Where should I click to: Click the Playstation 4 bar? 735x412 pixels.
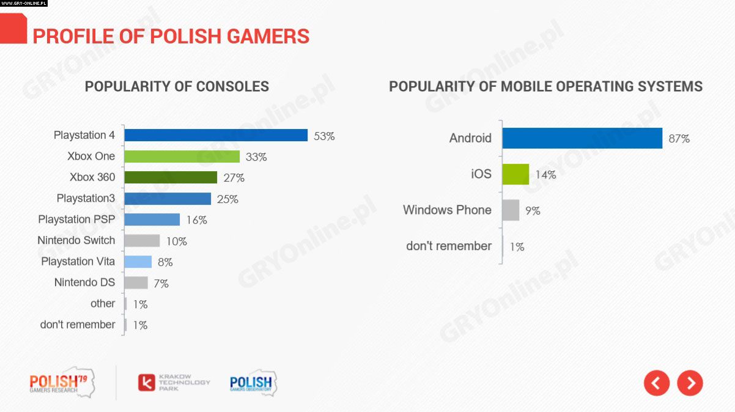pos(215,135)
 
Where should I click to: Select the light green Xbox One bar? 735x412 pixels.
pos(182,156)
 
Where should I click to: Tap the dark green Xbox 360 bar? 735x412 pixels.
pos(170,177)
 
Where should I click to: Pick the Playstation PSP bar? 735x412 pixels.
pos(152,219)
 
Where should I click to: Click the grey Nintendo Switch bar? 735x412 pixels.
pos(141,241)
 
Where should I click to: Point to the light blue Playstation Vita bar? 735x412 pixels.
pos(138,262)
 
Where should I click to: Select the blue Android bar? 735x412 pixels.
pos(582,138)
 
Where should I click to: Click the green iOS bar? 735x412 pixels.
pos(515,174)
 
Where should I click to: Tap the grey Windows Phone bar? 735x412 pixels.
pos(511,210)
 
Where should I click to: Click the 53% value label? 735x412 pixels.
pos(324,136)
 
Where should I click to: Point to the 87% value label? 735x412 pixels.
pos(679,139)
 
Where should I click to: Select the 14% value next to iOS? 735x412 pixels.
pos(545,175)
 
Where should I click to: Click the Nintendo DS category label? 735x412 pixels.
pos(84,282)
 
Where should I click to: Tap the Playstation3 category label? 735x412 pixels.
pos(86,198)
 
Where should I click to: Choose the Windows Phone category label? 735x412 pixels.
pos(447,210)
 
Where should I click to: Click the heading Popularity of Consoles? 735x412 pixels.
pos(177,86)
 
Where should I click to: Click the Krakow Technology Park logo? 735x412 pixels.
pos(174,383)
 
